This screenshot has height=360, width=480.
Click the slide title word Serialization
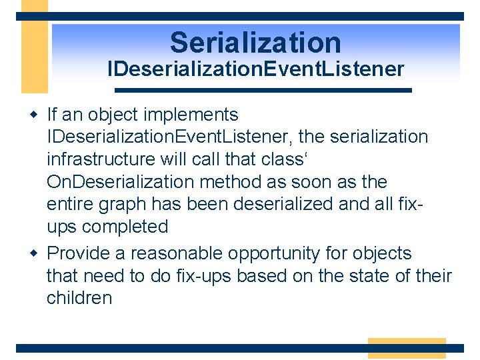(255, 43)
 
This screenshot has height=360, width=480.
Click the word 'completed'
(125, 227)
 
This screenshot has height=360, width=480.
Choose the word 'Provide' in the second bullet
(85, 253)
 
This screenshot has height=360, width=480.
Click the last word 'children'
(79, 298)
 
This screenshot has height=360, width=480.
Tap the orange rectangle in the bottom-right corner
(406, 348)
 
